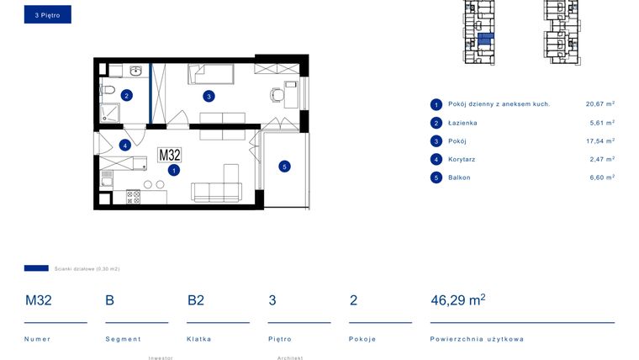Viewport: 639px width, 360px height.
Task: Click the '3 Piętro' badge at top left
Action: [47, 14]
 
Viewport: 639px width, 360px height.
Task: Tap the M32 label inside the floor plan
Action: [170, 155]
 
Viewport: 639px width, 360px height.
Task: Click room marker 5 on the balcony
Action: [284, 167]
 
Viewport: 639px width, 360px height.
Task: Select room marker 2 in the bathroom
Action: [126, 95]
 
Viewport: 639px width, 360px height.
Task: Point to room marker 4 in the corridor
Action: [124, 145]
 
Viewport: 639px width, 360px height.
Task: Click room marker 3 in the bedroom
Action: [208, 96]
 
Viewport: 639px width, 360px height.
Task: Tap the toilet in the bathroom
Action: [107, 89]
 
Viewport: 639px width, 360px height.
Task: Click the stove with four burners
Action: [133, 197]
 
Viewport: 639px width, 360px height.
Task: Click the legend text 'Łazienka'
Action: [462, 123]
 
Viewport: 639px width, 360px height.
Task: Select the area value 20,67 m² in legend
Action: [599, 104]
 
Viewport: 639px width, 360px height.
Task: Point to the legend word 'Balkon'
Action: [459, 177]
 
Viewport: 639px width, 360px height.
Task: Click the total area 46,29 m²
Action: [457, 300]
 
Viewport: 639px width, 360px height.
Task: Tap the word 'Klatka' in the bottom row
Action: [199, 339]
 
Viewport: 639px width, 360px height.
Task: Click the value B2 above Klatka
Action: [196, 300]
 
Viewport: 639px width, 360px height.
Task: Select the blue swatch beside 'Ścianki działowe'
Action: [36, 268]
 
